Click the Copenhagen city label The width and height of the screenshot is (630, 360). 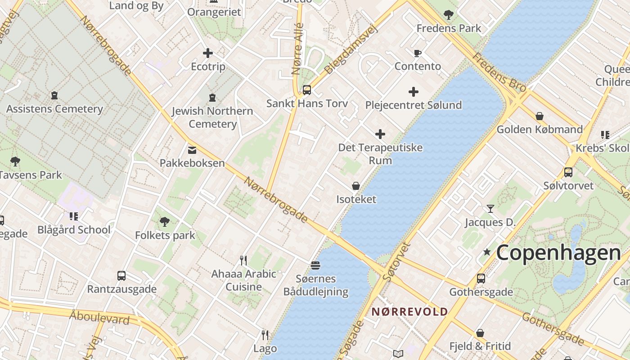[x=558, y=253]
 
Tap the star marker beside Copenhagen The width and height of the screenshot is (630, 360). [x=486, y=252]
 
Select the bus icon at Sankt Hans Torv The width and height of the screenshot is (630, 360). [x=307, y=90]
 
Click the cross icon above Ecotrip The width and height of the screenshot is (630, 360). [x=208, y=53]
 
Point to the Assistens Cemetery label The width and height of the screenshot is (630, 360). [x=54, y=109]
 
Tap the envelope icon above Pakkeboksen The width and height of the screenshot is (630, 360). [x=192, y=150]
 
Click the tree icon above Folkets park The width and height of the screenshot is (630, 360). [x=165, y=221]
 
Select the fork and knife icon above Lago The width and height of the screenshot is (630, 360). [x=265, y=335]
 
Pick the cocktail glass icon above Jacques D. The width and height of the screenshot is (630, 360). [x=490, y=208]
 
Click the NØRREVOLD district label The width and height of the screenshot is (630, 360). [x=409, y=312]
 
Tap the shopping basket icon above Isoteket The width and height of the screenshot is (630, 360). [x=356, y=186]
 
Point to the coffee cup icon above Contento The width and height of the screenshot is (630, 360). [x=418, y=53]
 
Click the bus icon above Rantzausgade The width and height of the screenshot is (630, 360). [x=121, y=275]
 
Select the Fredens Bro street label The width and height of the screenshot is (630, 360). [x=499, y=73]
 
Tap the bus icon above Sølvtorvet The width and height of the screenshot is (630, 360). [x=568, y=172]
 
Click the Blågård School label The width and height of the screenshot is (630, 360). [x=74, y=230]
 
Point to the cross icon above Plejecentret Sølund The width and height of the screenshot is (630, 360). [x=414, y=92]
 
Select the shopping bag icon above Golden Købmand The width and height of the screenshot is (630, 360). [x=540, y=116]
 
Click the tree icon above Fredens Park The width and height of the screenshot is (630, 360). [x=449, y=15]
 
